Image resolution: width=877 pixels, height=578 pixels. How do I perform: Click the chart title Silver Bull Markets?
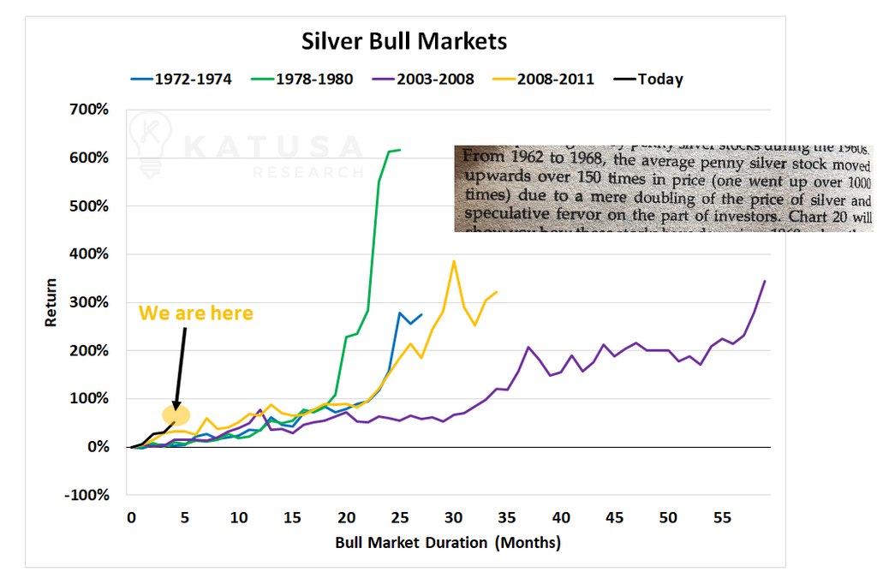403,41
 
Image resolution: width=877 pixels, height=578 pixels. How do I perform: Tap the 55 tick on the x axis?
722,517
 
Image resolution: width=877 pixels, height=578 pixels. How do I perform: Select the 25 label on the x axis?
399,517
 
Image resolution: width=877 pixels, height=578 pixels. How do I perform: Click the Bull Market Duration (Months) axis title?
448,542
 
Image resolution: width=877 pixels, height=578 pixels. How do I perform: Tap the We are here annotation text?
196,313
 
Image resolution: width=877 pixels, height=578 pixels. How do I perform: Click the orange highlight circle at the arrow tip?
176,416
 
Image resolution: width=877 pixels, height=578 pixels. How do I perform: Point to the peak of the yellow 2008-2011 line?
454,260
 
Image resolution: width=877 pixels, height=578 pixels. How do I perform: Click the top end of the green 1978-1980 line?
400,150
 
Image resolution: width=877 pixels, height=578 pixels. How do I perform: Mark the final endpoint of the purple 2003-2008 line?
765,281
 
